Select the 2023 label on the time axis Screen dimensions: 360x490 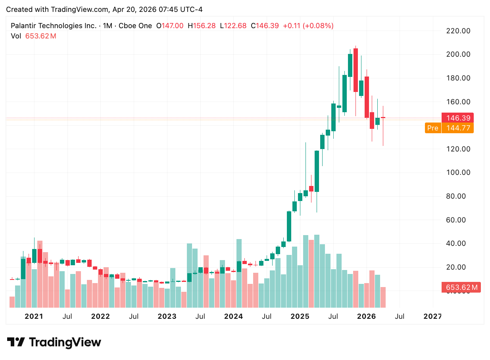point(167,316)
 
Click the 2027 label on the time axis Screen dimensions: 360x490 point(432,316)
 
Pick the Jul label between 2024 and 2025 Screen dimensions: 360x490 point(267,316)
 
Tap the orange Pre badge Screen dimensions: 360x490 point(433,128)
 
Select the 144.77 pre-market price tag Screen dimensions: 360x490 point(457,128)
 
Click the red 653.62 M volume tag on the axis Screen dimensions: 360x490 point(461,287)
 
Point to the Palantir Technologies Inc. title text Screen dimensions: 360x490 point(53,26)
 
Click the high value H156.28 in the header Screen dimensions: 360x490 point(202,26)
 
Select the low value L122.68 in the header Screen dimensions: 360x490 point(235,26)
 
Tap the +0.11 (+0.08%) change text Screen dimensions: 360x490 point(308,26)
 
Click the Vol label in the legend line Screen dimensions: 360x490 point(16,36)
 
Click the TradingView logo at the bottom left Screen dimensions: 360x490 point(54,342)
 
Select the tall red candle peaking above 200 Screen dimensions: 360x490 point(355,70)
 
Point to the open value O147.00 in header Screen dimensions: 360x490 point(170,26)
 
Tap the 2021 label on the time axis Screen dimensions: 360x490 point(34,316)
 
